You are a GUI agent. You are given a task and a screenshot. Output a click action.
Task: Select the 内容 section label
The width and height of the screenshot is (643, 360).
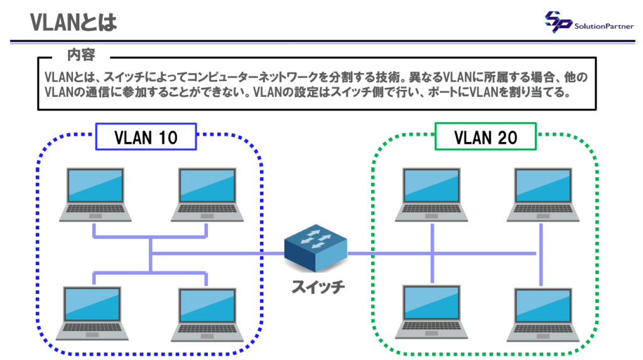point(81,55)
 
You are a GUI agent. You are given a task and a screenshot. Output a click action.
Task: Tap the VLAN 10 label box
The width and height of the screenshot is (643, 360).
point(146,137)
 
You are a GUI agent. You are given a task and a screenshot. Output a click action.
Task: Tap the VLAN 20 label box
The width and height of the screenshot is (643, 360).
point(485,137)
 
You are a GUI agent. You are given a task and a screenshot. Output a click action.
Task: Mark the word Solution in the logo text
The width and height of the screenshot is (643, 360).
point(590,26)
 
